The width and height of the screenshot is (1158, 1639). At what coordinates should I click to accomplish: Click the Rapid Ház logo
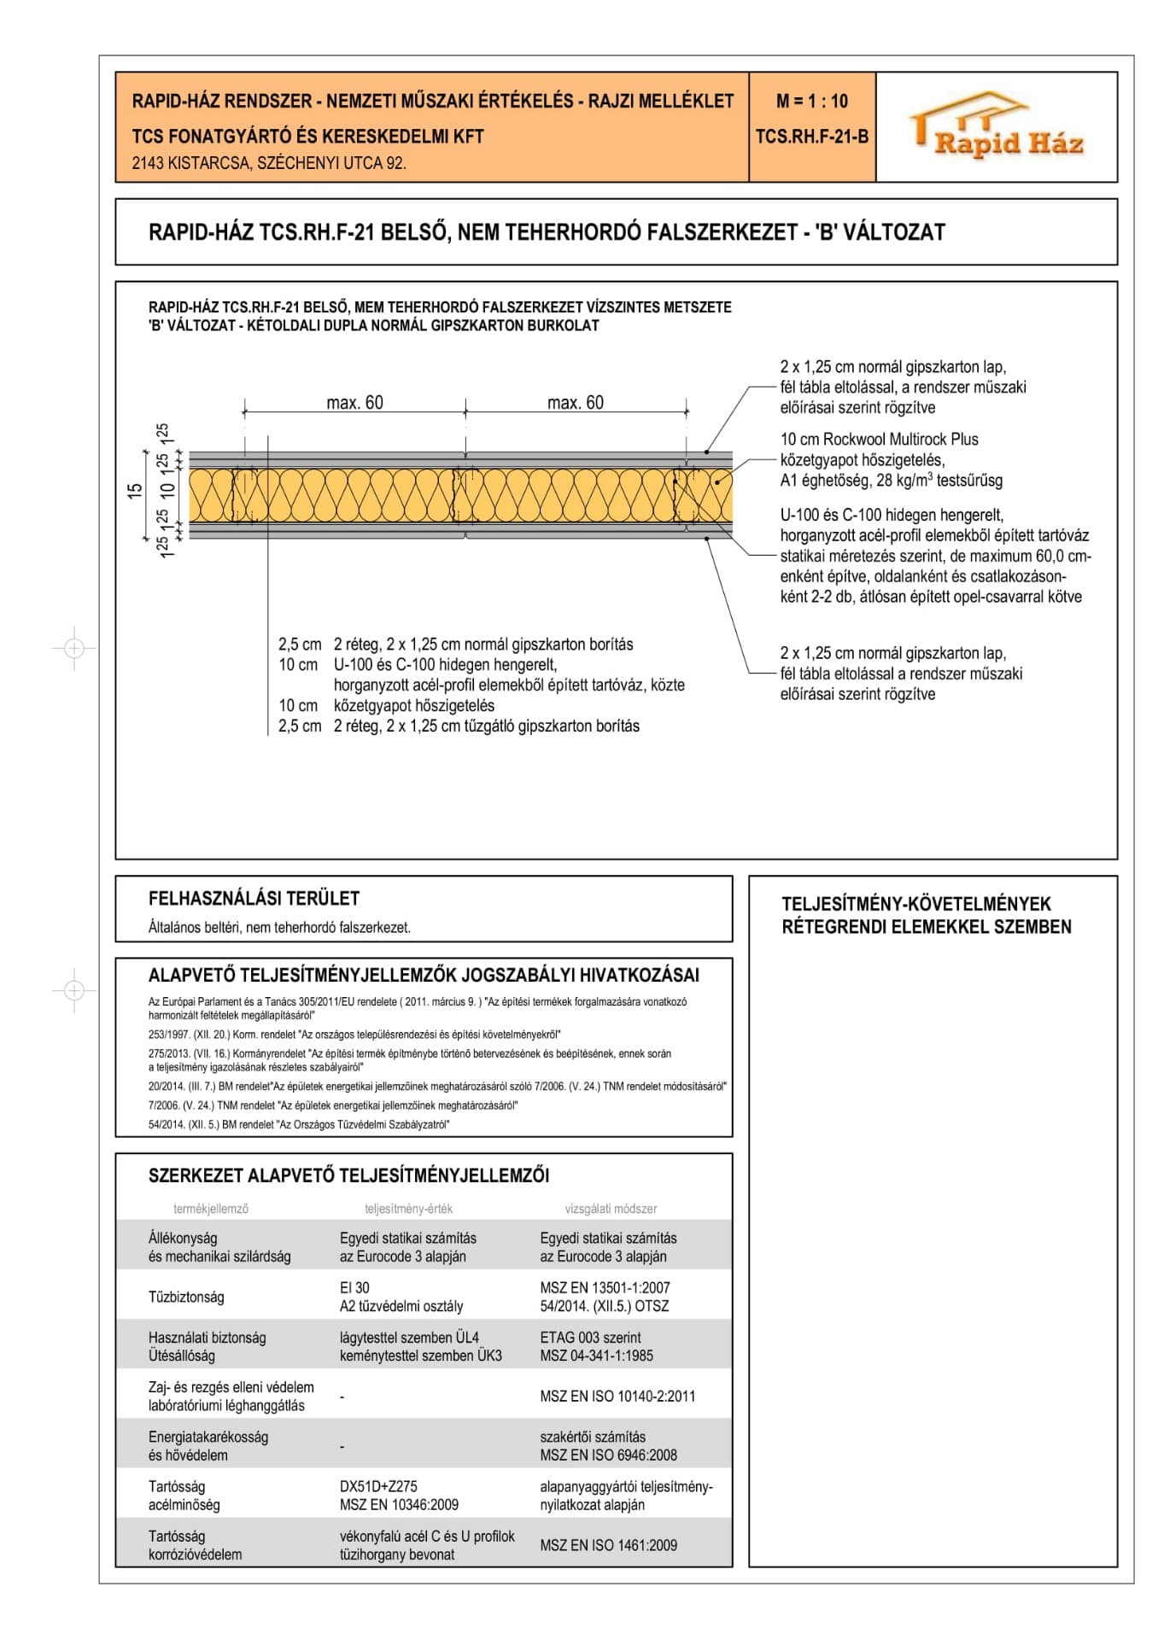997,127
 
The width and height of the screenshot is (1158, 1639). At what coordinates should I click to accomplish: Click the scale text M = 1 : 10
811,102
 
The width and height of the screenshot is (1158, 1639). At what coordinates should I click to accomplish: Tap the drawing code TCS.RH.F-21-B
811,137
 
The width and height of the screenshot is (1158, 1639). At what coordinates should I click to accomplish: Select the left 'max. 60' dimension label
354,403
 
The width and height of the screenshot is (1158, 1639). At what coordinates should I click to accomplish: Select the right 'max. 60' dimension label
575,403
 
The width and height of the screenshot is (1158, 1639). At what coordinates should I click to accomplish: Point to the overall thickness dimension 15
135,491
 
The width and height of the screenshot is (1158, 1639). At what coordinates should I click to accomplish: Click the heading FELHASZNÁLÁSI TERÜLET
254,898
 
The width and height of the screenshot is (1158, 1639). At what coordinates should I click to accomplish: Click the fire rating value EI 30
354,1287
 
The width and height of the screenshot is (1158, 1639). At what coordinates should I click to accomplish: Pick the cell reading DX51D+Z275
378,1486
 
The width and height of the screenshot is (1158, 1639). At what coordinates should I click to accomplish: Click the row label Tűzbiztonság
186,1297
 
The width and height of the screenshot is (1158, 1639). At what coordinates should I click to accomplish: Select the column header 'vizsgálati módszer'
611,1209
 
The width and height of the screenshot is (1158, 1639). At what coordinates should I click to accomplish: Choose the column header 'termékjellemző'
210,1209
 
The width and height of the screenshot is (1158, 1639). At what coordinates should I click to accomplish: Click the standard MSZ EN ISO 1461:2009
608,1545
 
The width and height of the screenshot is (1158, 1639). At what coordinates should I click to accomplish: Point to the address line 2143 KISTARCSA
268,163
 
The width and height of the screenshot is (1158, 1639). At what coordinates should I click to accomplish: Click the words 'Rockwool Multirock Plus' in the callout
900,440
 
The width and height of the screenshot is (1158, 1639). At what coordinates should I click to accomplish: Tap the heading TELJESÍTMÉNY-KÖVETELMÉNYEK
915,904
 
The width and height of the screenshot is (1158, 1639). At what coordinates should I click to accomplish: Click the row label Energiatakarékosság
208,1437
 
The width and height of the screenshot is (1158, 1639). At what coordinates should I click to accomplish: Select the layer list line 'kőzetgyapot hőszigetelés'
413,706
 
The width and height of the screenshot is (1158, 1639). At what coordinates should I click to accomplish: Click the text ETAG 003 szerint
590,1338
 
